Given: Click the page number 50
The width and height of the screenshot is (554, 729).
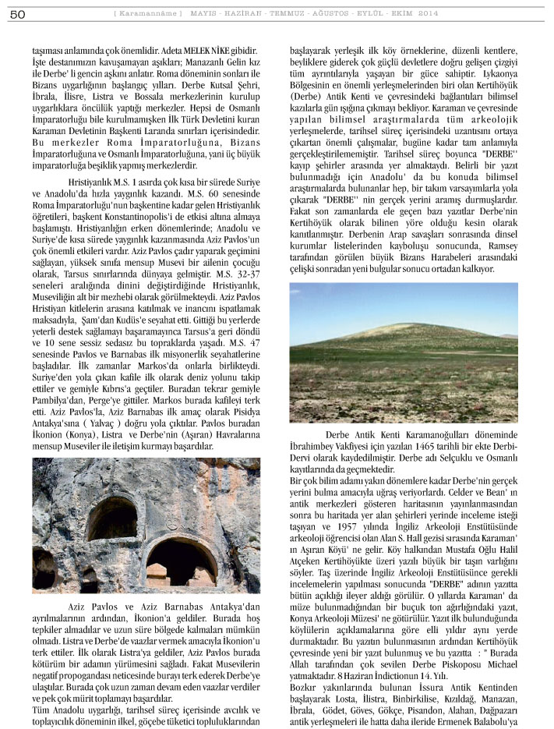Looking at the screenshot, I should [19, 13].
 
